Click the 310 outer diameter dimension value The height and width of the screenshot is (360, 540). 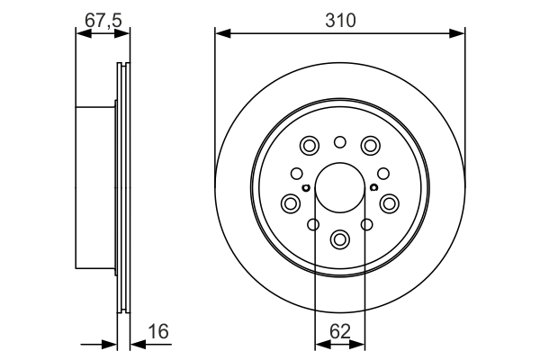click(340, 18)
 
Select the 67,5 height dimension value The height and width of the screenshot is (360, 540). click(103, 18)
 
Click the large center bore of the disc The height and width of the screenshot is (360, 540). click(340, 188)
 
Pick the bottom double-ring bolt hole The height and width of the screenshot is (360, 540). click(340, 238)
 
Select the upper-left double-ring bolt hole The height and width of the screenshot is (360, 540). click(310, 145)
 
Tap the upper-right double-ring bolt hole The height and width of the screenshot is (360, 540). click(370, 145)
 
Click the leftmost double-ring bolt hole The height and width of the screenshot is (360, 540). click(291, 203)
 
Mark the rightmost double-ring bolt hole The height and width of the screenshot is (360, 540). click(390, 203)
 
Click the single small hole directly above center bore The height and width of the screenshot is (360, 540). click(340, 141)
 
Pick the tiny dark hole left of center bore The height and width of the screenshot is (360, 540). click(307, 187)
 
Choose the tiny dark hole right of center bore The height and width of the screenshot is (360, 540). click(373, 187)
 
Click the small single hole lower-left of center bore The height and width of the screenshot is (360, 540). click(313, 225)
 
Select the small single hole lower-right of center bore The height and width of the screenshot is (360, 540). click(366, 225)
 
